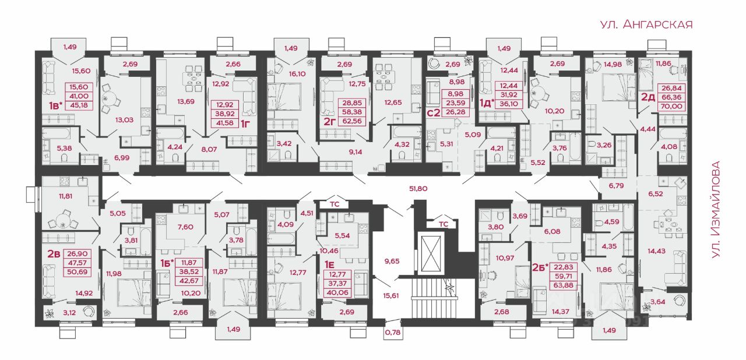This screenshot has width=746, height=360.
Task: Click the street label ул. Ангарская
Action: click(646, 24)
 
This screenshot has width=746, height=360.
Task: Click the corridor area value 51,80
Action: click(418, 189)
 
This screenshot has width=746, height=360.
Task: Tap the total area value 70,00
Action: click(672, 106)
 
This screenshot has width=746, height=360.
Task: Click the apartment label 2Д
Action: click(648, 97)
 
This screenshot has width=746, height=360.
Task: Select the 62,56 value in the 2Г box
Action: click(351, 121)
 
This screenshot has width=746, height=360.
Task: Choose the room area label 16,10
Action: click(297, 74)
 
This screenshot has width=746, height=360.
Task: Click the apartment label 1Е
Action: click(329, 265)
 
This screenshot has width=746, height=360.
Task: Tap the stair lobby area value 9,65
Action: click(392, 261)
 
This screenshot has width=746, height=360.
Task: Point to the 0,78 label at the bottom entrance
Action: click(392, 333)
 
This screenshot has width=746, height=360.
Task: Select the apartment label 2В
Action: click(54, 254)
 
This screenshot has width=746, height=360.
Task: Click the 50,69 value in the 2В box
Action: click(78, 272)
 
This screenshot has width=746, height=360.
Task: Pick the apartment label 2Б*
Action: click(540, 267)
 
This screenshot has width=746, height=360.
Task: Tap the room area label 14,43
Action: click(656, 251)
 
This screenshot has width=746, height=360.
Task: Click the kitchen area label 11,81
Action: click(65, 196)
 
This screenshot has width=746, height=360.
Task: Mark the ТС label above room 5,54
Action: click(335, 204)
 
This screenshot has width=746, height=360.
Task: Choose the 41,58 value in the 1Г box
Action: click(224, 123)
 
